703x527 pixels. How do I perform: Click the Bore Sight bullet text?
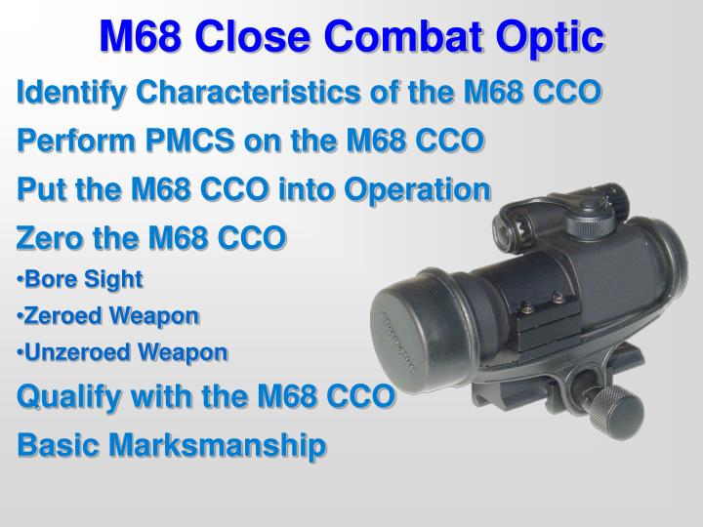click(84, 279)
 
